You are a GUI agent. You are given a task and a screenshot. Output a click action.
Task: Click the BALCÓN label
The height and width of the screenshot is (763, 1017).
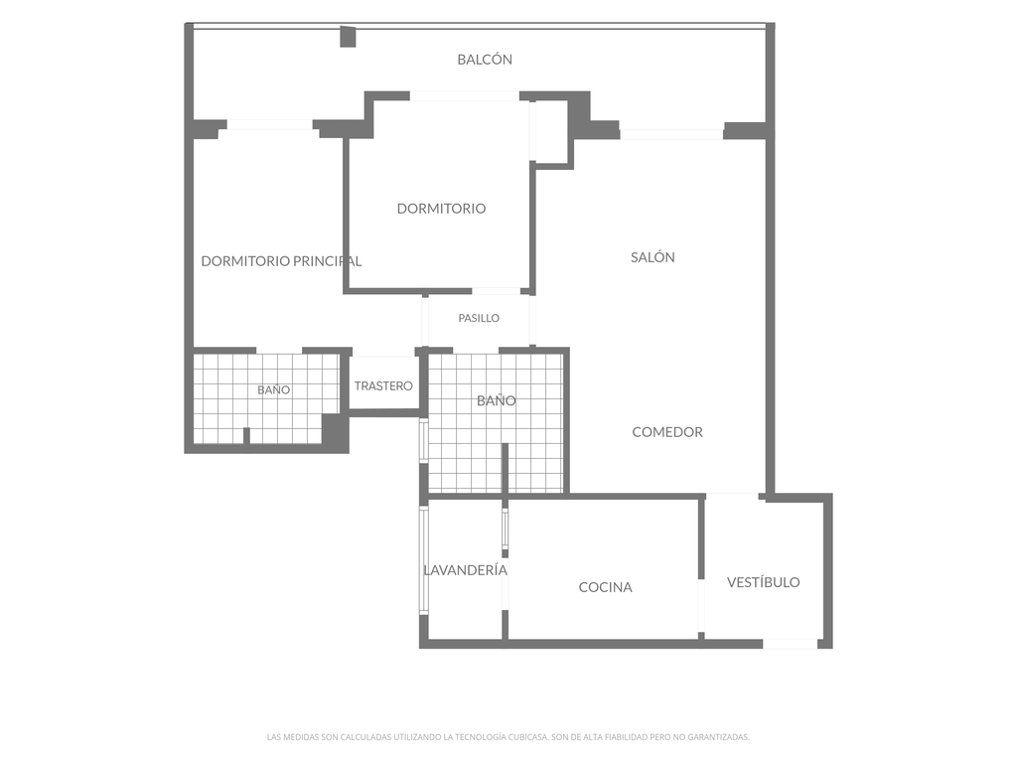coord(485,59)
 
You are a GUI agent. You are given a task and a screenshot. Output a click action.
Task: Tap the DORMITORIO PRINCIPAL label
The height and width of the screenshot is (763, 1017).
coord(281,261)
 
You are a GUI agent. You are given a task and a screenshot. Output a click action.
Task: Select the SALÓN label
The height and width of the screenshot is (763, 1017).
coord(653,257)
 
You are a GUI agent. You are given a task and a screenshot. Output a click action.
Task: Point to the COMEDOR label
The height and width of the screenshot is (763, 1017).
coord(667,431)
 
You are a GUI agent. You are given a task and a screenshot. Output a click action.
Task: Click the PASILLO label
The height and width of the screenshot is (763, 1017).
coord(479,318)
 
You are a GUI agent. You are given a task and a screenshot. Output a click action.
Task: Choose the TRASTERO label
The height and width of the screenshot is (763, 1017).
coord(383,386)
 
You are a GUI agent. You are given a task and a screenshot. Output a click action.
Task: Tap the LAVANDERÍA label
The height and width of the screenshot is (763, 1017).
coord(465,569)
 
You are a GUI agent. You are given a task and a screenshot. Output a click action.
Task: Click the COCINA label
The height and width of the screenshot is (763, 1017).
coord(605,587)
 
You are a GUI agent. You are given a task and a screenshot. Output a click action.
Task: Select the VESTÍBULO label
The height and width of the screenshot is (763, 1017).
coord(763,582)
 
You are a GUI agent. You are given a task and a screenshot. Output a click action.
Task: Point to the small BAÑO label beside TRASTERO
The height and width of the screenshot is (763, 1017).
coord(274,389)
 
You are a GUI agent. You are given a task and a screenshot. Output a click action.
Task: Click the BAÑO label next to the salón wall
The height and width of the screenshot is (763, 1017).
coord(497,400)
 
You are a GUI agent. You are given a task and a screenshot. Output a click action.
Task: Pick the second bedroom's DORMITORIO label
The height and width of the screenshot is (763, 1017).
coord(441,209)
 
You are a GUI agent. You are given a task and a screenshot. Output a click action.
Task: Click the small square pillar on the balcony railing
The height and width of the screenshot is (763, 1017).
coord(349,37)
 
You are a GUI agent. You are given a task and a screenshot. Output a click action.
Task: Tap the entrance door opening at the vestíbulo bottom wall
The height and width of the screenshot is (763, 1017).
coord(790,644)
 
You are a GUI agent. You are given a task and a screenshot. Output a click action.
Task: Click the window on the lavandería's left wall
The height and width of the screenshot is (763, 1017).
coord(423,560)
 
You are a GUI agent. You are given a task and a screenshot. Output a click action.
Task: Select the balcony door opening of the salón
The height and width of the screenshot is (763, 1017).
coord(671,134)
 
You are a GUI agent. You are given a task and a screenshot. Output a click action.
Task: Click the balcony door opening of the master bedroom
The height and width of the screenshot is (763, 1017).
coord(270,124)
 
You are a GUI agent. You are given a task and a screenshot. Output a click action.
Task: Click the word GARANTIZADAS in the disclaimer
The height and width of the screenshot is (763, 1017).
coord(721,737)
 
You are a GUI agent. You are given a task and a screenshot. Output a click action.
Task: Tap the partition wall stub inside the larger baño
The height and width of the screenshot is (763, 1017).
coord(505,468)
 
